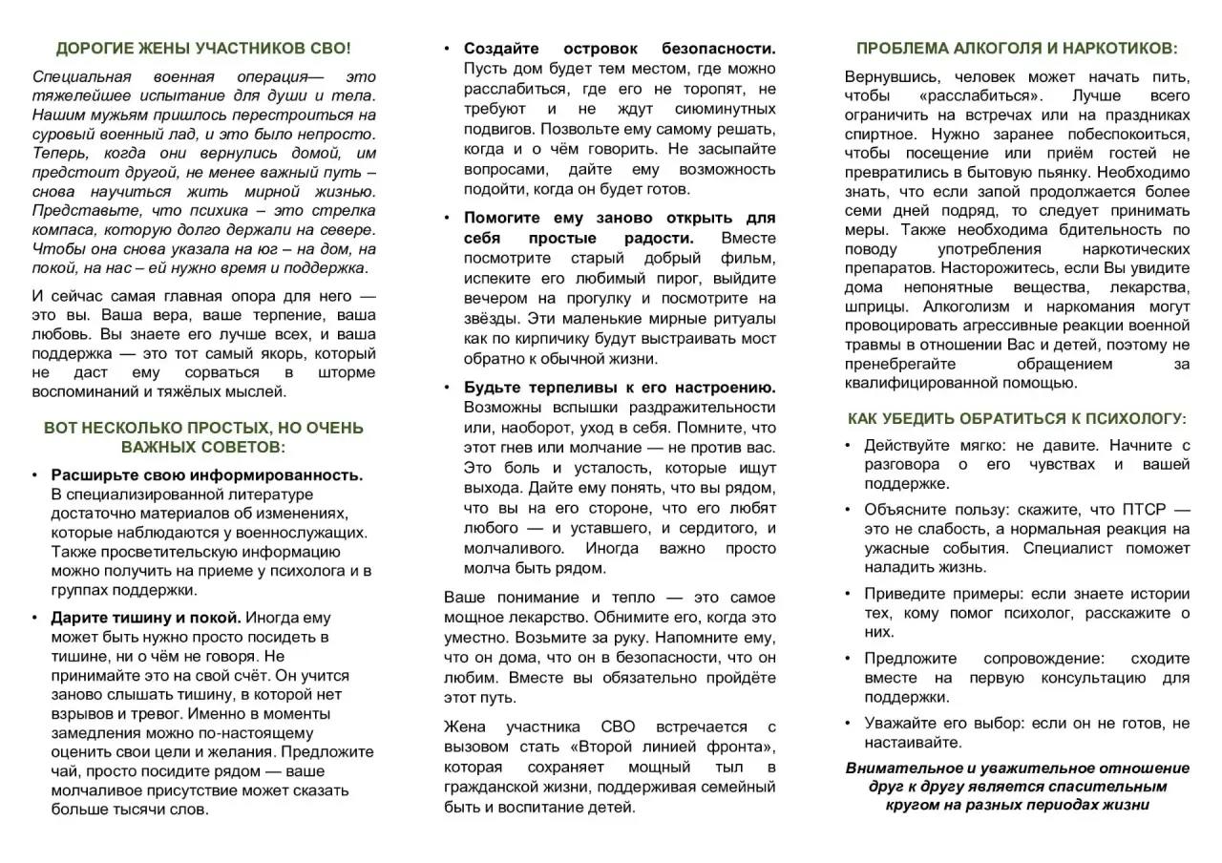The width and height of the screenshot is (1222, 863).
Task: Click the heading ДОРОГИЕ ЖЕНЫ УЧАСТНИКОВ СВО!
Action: point(203,48)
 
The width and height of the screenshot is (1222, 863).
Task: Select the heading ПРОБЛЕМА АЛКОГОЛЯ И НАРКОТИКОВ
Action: point(1017,48)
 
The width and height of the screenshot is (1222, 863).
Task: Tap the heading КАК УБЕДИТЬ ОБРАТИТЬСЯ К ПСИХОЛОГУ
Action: point(1017,418)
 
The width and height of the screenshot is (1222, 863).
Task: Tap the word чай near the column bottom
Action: point(66,770)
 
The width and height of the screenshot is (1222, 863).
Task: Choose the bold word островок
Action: point(601,48)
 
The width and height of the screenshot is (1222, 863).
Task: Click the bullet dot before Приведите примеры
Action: point(848,593)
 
